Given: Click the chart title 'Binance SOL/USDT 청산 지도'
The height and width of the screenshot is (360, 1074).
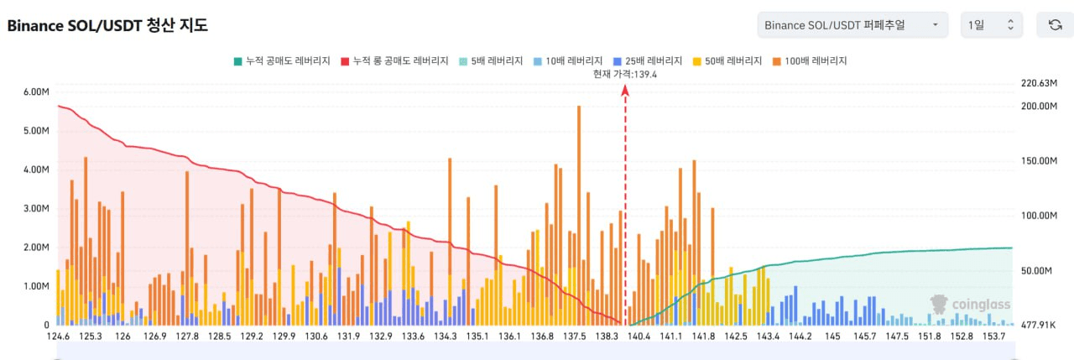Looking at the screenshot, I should (x=107, y=25).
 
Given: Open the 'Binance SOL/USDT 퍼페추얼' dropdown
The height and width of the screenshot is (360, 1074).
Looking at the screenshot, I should (x=852, y=25).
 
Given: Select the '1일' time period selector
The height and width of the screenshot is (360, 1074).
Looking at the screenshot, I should (x=992, y=25).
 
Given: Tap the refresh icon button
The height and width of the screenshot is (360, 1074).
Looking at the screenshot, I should (x=1055, y=25).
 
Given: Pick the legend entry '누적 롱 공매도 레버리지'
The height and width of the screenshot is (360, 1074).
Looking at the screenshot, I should (x=395, y=61).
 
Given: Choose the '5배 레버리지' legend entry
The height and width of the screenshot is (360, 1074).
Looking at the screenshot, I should (x=492, y=61).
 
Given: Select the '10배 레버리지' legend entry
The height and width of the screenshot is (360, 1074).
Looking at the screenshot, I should (x=568, y=61).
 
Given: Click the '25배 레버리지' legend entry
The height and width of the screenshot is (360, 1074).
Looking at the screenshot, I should (x=648, y=61).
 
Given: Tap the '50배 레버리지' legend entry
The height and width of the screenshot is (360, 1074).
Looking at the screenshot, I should (x=727, y=61).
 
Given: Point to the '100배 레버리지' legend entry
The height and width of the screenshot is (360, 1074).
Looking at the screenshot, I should (x=810, y=61).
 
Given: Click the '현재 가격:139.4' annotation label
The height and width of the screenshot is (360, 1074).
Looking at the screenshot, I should (x=624, y=74).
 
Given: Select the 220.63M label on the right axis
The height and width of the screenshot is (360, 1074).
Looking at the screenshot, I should (x=1037, y=83).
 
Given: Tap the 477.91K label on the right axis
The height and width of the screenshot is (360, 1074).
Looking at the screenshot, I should (x=1038, y=325).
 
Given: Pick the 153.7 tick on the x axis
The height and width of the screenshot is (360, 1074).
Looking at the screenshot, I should (x=996, y=337).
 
